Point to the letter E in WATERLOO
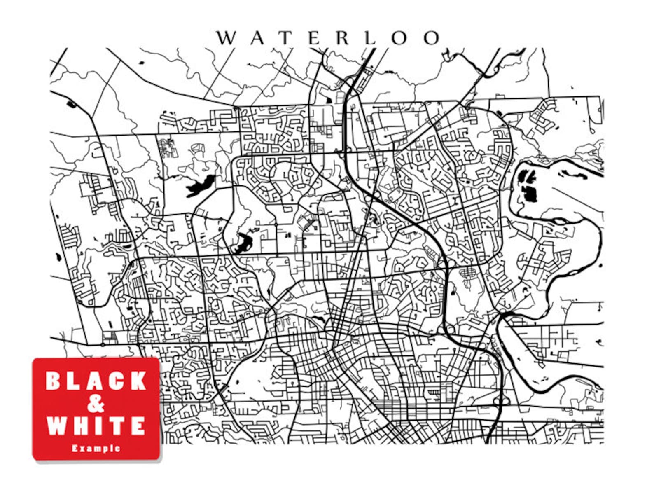coord(315,38)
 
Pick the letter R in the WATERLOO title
coord(343,38)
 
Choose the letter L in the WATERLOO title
coord(371,38)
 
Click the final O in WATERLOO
coord(431,38)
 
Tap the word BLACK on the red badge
coord(96,381)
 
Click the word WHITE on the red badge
coord(96,426)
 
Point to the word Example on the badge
coord(96,448)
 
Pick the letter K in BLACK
coord(138,381)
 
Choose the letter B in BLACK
coord(54,381)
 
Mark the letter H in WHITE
coord(78,426)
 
